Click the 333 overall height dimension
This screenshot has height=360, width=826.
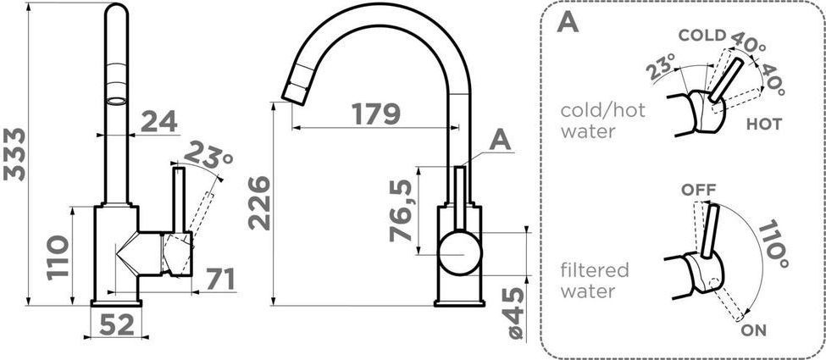click(14, 154)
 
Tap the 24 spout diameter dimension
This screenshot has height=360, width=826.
click(159, 122)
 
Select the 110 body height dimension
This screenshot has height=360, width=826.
click(58, 258)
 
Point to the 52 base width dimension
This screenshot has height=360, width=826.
click(117, 326)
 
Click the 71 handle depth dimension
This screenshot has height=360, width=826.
click(220, 280)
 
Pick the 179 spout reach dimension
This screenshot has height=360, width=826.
click(376, 114)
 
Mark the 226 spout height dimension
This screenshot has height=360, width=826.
click(259, 203)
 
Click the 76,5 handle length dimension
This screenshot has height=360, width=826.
click(401, 210)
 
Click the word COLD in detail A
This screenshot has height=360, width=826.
click(701, 36)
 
